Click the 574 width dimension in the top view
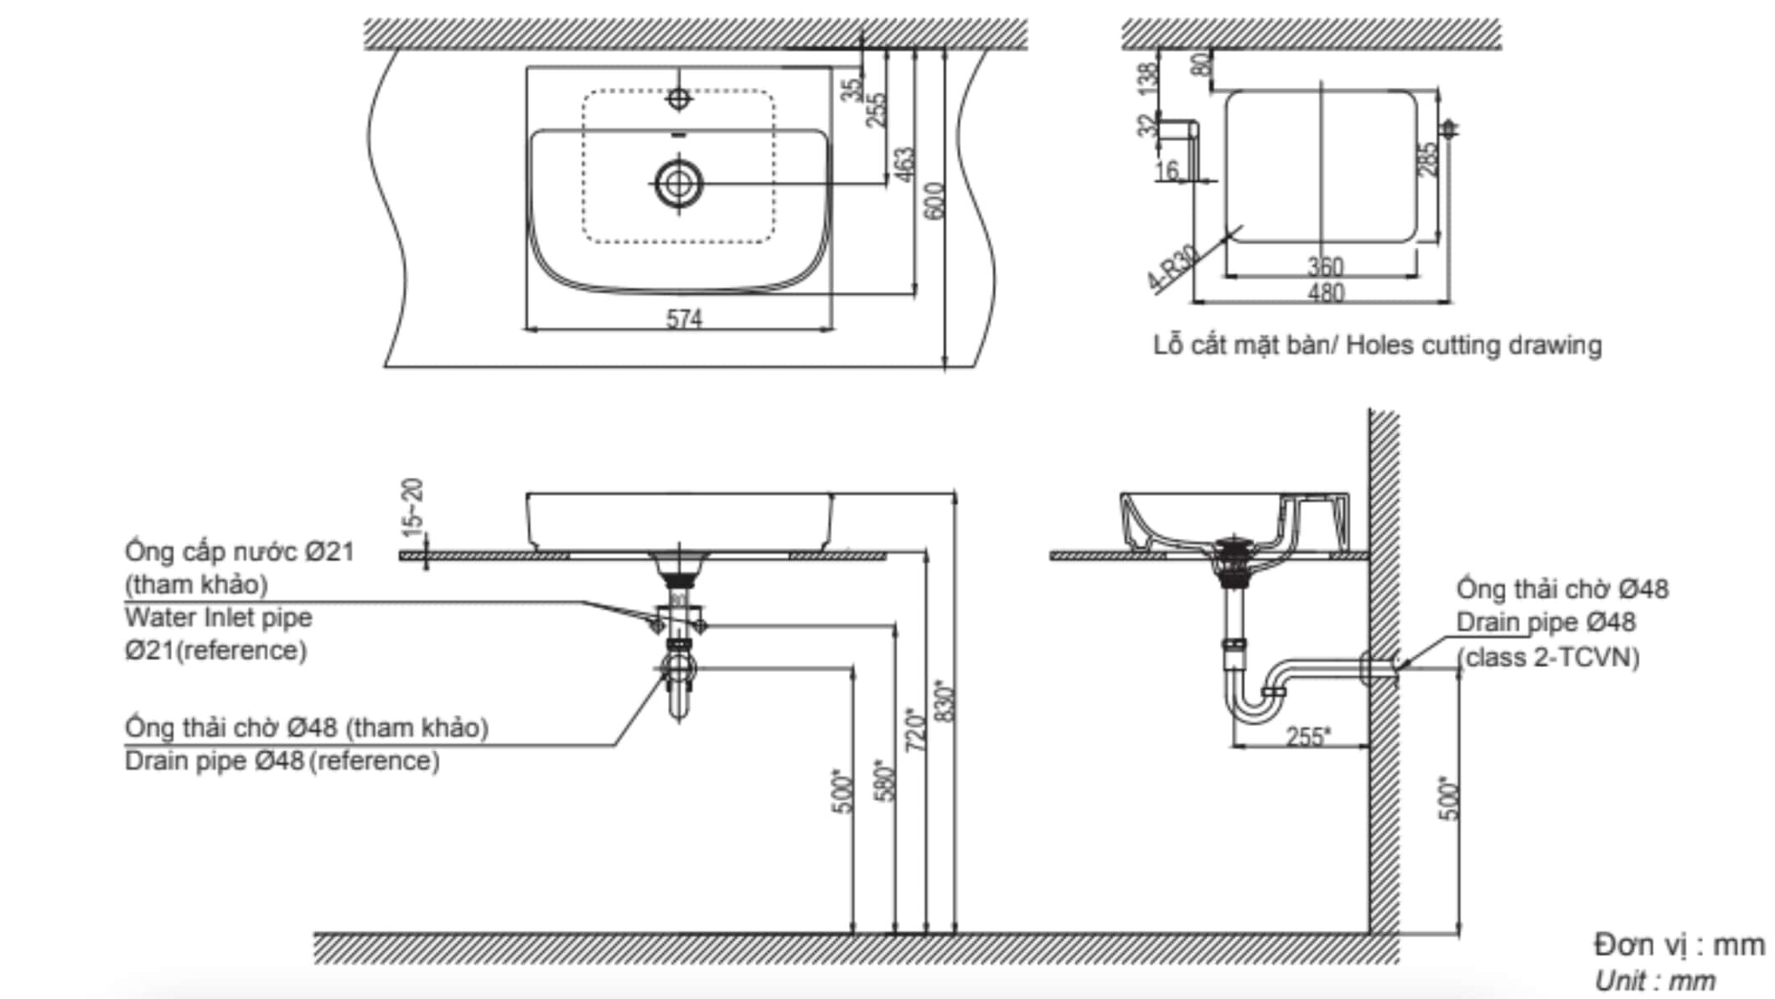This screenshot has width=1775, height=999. pos(683,318)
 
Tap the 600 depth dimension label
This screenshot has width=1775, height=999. pos(936,202)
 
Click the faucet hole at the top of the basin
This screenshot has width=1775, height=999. pos(679,99)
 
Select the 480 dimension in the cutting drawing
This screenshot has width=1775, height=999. pos(1326,292)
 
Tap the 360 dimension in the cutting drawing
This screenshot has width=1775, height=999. pos(1326,267)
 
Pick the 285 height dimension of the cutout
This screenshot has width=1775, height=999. pos(1426,159)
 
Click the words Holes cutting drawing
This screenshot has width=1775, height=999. pos(1473,345)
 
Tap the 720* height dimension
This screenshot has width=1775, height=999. pos(916,729)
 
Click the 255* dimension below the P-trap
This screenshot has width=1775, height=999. pos(1307,737)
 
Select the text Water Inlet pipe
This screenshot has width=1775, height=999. pos(218,618)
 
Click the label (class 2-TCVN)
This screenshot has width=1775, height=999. pos(1548,657)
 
